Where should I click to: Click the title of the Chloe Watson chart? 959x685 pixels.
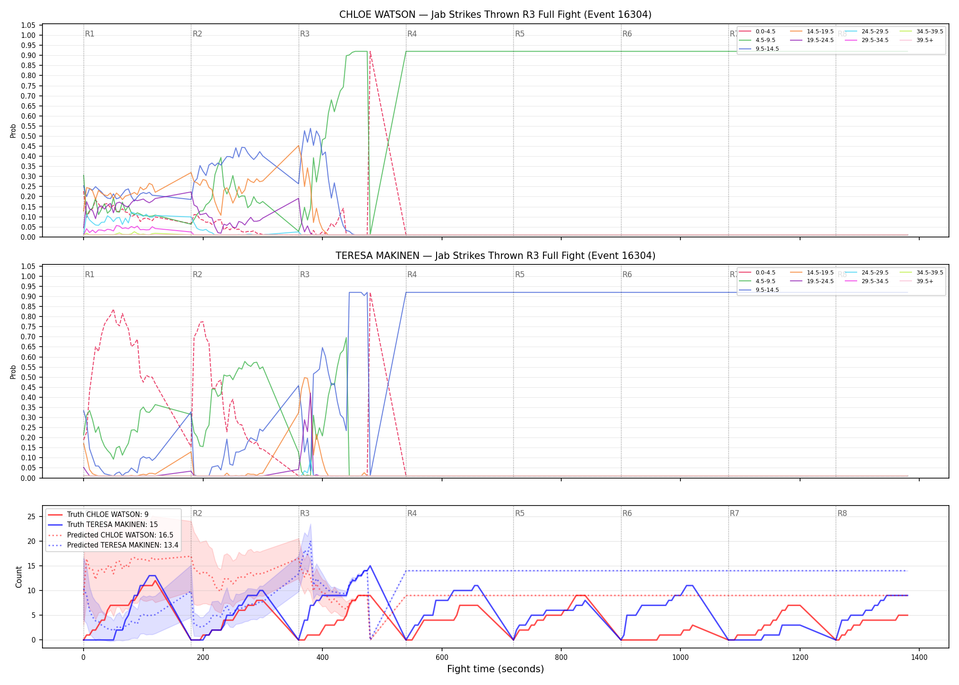click(495, 15)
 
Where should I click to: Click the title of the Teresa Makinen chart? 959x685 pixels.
click(495, 256)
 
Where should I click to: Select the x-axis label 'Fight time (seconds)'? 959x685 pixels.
click(495, 669)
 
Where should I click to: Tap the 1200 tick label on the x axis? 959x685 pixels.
click(800, 658)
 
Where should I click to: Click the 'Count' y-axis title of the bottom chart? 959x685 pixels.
click(19, 577)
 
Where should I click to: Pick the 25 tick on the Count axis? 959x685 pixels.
click(32, 517)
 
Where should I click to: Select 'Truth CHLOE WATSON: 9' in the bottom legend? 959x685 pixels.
click(108, 515)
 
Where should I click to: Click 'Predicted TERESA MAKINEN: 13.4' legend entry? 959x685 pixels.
click(123, 545)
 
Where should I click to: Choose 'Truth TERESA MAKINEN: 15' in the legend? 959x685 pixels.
click(112, 525)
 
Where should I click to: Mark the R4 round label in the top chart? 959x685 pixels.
click(412, 34)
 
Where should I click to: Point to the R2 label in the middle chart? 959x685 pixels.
click(197, 274)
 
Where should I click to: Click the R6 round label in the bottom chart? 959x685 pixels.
click(627, 513)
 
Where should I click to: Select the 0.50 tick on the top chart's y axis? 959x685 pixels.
click(28, 136)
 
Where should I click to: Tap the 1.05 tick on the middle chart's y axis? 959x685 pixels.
click(28, 266)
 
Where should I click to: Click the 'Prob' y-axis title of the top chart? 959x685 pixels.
click(13, 131)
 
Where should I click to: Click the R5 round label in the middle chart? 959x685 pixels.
click(520, 274)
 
